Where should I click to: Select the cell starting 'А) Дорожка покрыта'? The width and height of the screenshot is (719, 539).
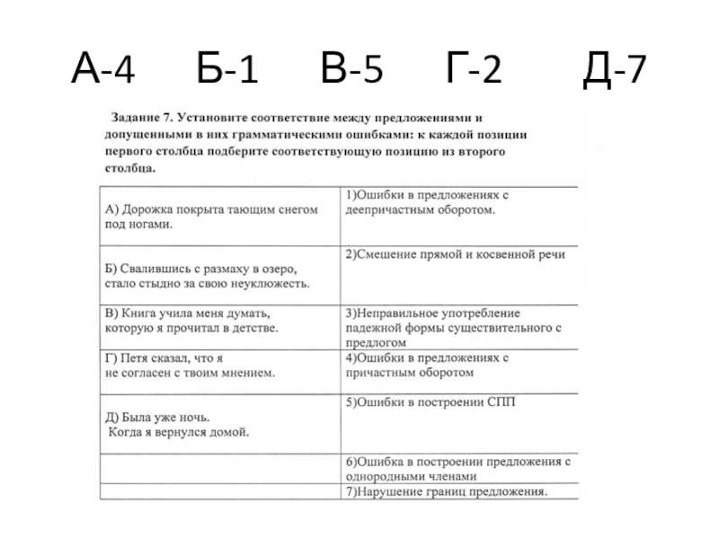tap(212, 216)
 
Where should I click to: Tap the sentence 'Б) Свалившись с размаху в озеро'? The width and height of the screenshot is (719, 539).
tap(208, 277)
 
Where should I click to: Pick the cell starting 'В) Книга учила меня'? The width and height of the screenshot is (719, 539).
tap(194, 322)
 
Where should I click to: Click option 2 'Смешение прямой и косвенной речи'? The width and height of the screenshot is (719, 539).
tap(456, 255)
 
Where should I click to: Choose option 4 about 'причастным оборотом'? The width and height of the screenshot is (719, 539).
tap(427, 365)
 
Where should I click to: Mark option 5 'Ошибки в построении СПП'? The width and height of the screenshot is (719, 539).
tap(431, 402)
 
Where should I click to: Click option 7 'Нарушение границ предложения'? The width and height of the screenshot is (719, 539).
tap(447, 492)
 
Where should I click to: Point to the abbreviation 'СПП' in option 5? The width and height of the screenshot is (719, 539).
tap(503, 402)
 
